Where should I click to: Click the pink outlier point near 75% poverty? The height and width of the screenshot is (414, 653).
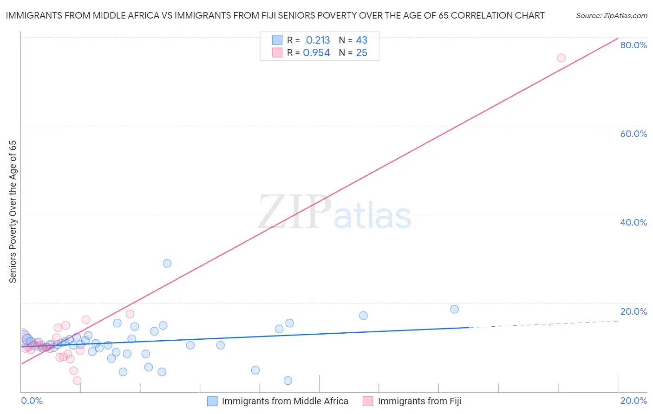click(x=561, y=58)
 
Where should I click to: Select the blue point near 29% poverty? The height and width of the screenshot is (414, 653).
click(x=167, y=263)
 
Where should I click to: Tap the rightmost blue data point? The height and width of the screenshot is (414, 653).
click(x=455, y=309)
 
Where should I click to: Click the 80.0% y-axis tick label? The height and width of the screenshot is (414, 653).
click(x=633, y=45)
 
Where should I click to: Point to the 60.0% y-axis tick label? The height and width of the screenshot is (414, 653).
click(x=633, y=134)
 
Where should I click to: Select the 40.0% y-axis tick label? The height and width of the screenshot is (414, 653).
click(x=633, y=222)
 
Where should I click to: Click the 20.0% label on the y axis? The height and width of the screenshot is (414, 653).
click(x=633, y=311)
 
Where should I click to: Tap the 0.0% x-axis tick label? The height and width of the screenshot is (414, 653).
click(x=32, y=401)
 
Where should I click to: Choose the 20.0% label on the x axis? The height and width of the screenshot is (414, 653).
click(x=633, y=401)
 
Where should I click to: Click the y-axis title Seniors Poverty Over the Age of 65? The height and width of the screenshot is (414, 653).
click(x=13, y=212)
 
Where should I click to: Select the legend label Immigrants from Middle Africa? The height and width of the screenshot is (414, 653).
click(x=285, y=401)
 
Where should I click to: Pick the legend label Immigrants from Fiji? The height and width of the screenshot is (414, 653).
click(x=419, y=401)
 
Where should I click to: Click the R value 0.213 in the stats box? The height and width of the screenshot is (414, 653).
click(x=318, y=40)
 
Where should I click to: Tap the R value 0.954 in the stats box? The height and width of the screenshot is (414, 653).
click(x=316, y=53)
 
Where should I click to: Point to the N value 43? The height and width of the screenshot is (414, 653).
click(x=361, y=40)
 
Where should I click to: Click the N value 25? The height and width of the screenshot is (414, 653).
click(x=361, y=53)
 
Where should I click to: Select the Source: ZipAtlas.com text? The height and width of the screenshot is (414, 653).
click(x=611, y=16)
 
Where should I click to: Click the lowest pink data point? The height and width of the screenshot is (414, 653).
click(x=77, y=381)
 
